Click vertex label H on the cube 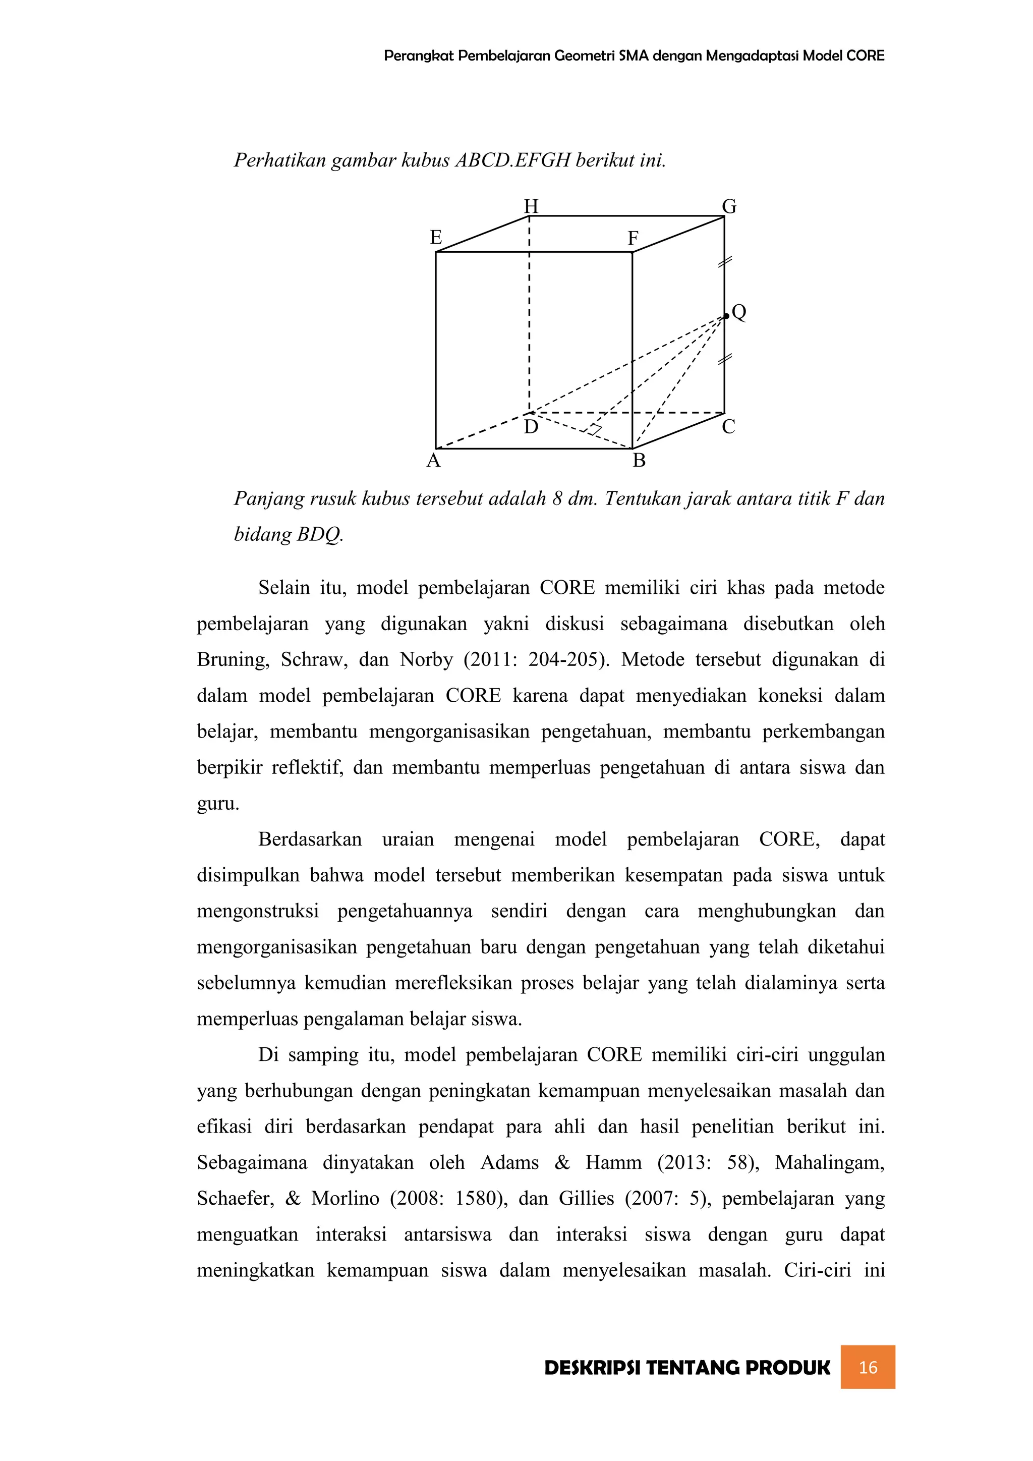[531, 206]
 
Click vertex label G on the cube [729, 206]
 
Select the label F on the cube [633, 239]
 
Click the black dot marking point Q [726, 316]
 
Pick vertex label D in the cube [531, 427]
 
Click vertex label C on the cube [729, 427]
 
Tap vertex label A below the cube [433, 461]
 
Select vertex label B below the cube [639, 461]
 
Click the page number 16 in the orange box [868, 1367]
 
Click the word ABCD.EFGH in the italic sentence [512, 160]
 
